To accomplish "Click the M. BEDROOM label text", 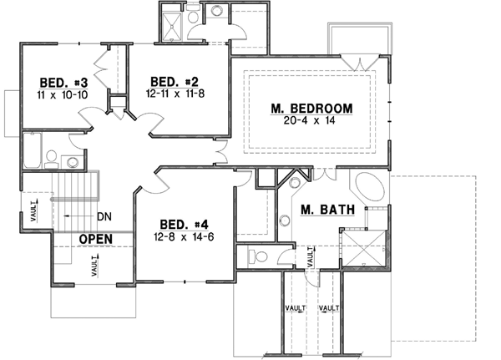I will pyautogui.click(x=311, y=108).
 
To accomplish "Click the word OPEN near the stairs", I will pyautogui.click(x=96, y=240).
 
